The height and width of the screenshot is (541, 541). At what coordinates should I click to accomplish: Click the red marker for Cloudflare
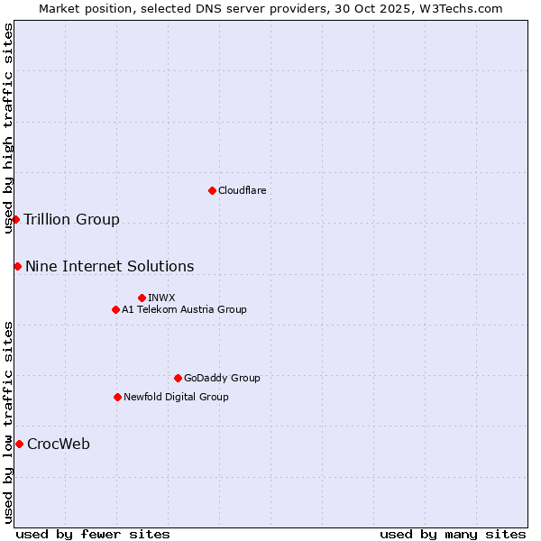click(x=212, y=190)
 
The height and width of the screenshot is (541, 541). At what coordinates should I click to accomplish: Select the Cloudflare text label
click(x=243, y=190)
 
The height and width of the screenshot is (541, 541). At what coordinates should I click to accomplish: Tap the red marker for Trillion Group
click(x=15, y=219)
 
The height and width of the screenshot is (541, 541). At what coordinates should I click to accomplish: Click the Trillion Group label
click(x=71, y=220)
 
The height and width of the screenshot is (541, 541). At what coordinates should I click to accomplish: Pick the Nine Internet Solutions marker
click(x=17, y=266)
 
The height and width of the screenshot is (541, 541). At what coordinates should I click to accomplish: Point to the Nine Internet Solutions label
click(x=109, y=266)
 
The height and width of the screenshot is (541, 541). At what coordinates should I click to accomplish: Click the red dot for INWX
click(x=142, y=298)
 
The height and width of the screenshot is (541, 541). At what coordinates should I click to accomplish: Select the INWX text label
click(x=161, y=298)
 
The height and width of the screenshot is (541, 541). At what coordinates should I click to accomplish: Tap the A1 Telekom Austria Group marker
click(x=115, y=309)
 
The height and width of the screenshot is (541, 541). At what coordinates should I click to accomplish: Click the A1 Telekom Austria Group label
click(x=184, y=309)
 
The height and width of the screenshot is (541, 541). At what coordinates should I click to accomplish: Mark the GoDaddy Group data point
click(x=178, y=378)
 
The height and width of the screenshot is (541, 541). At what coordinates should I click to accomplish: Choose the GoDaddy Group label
click(x=222, y=378)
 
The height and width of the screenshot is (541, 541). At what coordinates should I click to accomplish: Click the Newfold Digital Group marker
click(x=117, y=397)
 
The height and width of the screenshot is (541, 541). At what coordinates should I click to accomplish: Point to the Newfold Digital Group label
click(x=176, y=397)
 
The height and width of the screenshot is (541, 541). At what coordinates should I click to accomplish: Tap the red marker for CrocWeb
click(x=19, y=444)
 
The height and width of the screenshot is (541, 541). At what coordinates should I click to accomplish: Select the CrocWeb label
click(x=59, y=444)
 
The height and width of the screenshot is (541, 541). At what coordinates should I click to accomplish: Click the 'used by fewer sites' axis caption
click(x=93, y=534)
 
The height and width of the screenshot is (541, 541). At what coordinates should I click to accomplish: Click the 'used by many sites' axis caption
click(x=453, y=534)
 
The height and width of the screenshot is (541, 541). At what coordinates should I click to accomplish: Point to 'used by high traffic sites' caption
click(x=8, y=128)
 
